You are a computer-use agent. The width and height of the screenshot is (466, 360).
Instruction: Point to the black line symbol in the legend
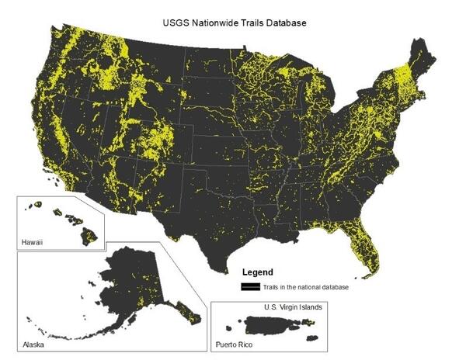251,287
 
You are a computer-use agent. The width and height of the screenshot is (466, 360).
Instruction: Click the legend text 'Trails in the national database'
305,287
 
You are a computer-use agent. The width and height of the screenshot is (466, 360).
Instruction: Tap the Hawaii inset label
33,243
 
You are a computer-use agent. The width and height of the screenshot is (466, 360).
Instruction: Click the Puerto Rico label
236,342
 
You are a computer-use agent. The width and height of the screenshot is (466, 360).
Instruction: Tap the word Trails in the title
251,23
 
